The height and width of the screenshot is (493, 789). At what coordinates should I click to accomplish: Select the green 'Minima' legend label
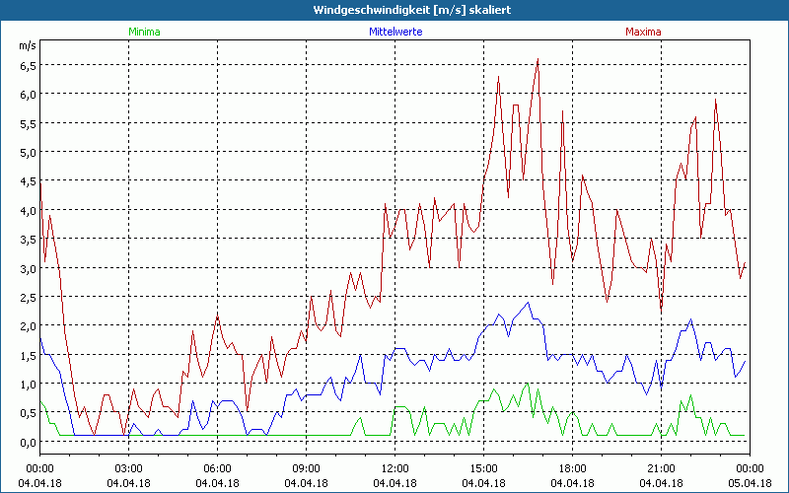[144, 32]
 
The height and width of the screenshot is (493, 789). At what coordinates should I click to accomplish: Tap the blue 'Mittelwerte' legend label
[394, 32]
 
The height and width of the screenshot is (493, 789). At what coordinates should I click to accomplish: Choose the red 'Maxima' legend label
[643, 32]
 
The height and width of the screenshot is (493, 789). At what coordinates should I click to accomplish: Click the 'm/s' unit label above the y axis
[27, 45]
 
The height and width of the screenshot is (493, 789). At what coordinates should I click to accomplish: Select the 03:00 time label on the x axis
[128, 467]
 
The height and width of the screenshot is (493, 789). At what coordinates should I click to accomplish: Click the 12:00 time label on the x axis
[394, 467]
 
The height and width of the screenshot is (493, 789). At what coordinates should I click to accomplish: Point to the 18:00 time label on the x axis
[572, 467]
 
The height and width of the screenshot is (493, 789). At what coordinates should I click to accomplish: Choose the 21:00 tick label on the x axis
[661, 467]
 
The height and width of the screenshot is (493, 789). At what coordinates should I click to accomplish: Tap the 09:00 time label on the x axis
[306, 467]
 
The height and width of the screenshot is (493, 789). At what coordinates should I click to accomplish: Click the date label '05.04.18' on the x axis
[750, 483]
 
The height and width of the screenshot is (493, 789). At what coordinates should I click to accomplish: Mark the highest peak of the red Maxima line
[538, 59]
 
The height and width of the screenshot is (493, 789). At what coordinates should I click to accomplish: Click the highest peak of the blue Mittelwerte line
[528, 303]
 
